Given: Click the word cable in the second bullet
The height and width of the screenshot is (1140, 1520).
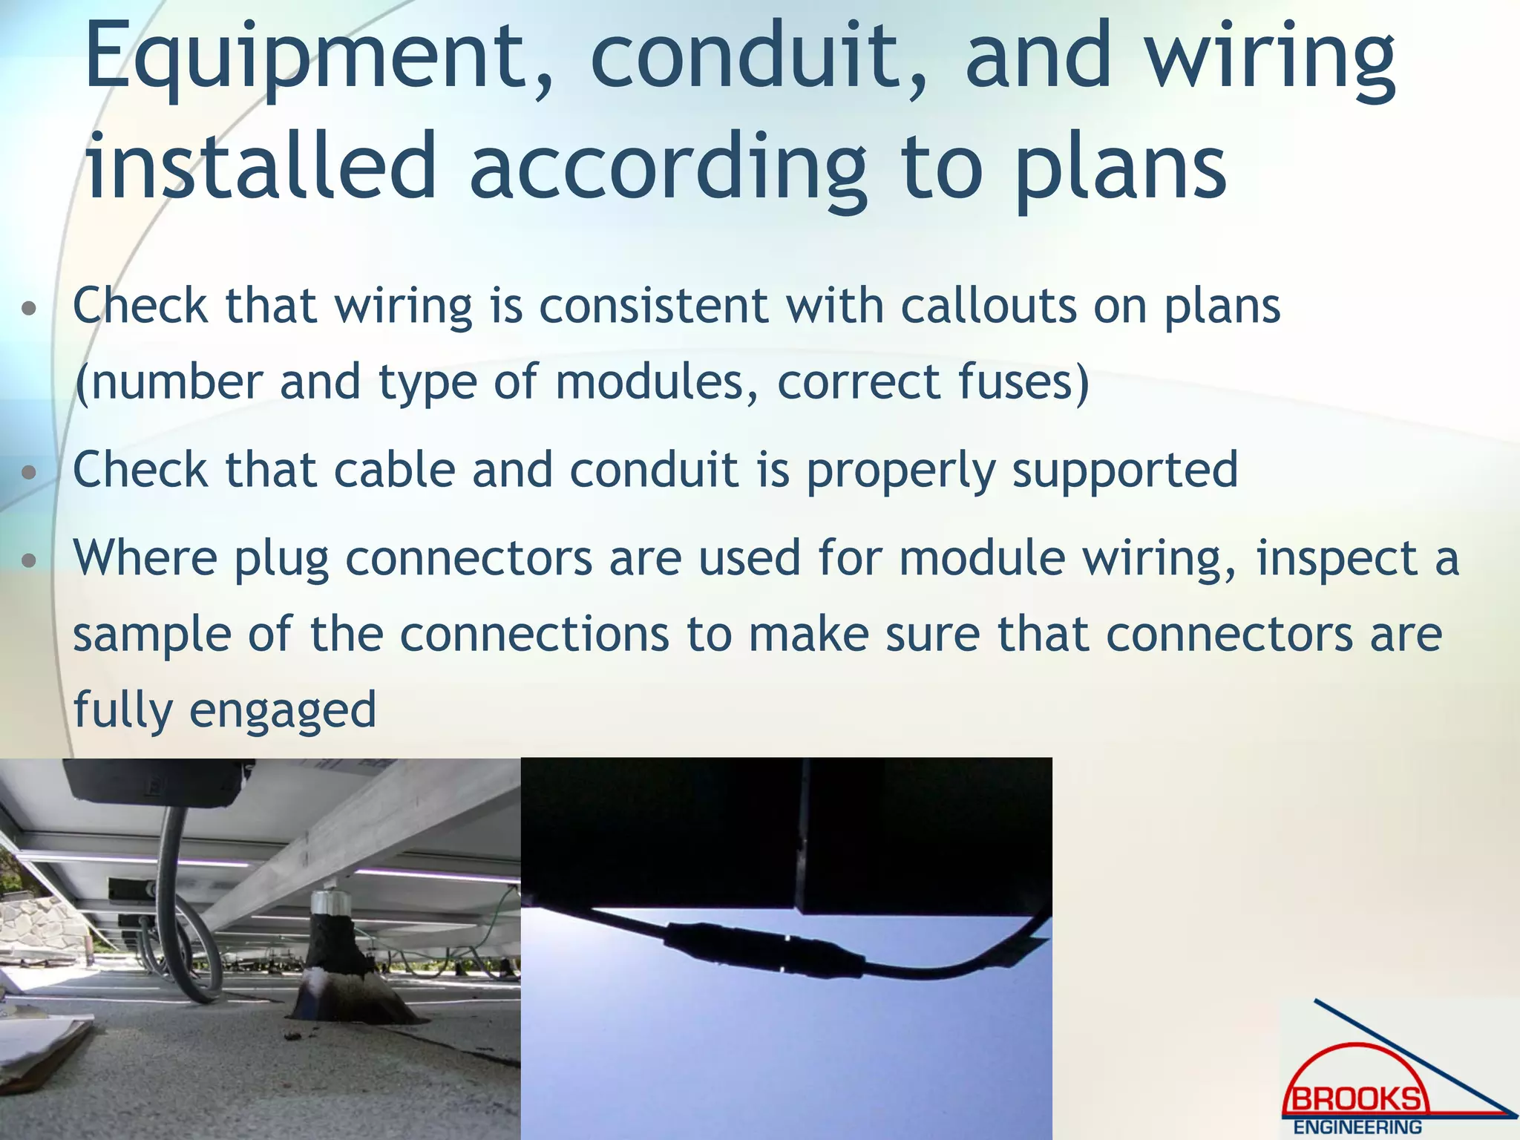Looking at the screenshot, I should (x=394, y=470).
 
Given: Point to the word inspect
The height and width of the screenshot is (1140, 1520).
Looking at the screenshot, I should (x=1337, y=558).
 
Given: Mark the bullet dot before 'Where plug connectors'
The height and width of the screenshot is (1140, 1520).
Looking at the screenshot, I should (x=29, y=560).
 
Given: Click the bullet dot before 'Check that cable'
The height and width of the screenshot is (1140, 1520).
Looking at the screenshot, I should (x=29, y=472).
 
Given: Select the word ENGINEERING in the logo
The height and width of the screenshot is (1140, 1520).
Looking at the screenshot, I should (x=1357, y=1127).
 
